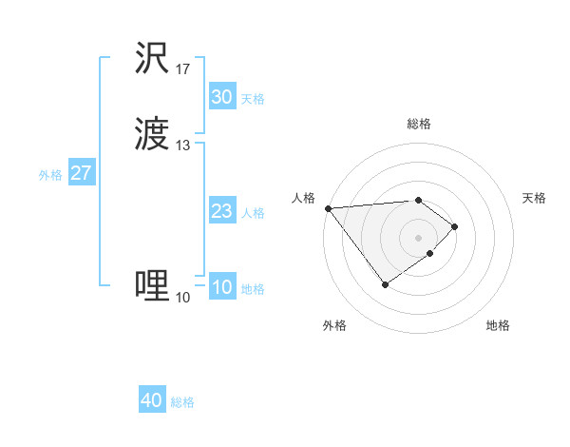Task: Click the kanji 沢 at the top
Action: click(x=153, y=59)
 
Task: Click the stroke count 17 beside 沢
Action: click(x=182, y=69)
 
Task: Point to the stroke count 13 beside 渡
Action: click(x=182, y=146)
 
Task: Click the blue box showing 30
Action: click(x=221, y=97)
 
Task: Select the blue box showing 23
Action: click(x=221, y=211)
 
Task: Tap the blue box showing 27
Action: click(x=81, y=173)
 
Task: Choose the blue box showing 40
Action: click(x=152, y=400)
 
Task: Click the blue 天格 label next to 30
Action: click(x=253, y=99)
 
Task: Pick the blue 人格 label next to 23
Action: click(x=253, y=213)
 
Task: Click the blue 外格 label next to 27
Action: click(x=50, y=175)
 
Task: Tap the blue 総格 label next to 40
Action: click(x=183, y=402)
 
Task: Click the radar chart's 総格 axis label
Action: click(x=419, y=124)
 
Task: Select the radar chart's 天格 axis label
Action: click(x=535, y=198)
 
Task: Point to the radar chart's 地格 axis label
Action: click(x=498, y=325)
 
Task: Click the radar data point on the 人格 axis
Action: click(x=328, y=208)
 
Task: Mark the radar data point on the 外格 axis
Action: click(x=385, y=284)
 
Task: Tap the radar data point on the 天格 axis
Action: click(x=456, y=226)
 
